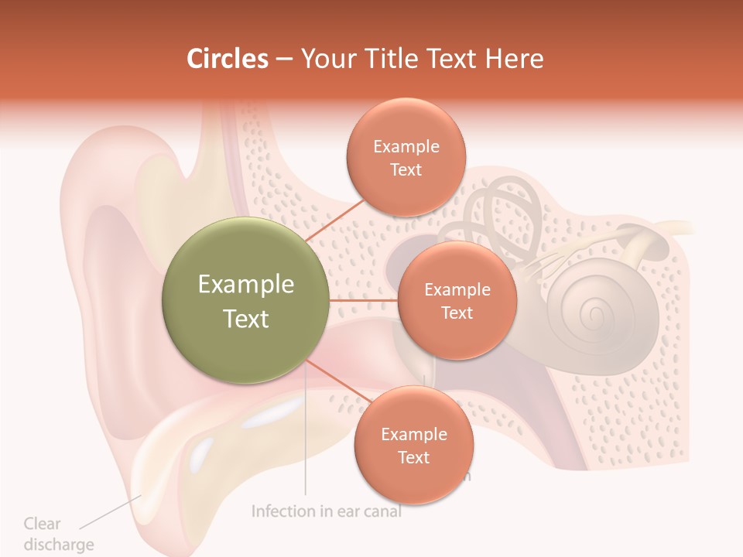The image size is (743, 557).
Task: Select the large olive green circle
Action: click(245, 300)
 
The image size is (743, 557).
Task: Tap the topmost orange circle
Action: click(406, 157)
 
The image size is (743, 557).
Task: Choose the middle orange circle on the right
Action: click(457, 300)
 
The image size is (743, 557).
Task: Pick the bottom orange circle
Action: click(413, 445)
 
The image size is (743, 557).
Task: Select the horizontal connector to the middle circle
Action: click(363, 300)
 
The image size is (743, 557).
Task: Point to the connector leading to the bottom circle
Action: click(338, 381)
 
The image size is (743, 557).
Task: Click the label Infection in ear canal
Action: click(327, 511)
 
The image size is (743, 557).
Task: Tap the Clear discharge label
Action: click(57, 534)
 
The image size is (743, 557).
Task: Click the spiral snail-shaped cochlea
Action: click(592, 313)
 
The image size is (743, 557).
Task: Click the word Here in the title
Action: click(514, 59)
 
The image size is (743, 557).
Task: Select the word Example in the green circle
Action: click(245, 284)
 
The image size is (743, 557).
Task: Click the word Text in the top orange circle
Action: click(406, 170)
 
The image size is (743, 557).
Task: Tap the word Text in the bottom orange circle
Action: click(413, 458)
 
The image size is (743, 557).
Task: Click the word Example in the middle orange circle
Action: click(457, 290)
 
